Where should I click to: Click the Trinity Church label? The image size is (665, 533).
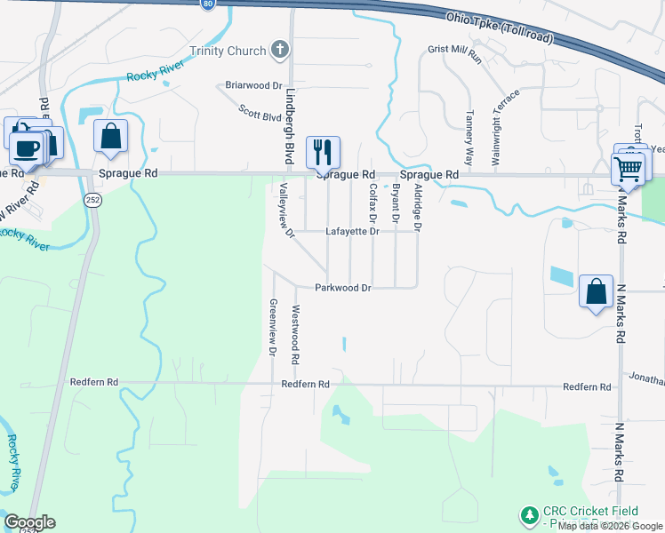click(227, 51)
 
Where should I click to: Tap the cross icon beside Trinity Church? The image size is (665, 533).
click(280, 50)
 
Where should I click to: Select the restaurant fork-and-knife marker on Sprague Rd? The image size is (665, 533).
click(322, 152)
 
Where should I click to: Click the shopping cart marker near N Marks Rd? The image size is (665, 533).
click(629, 168)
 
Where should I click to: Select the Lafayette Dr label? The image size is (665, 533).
click(352, 231)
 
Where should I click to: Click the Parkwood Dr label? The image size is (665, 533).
click(342, 288)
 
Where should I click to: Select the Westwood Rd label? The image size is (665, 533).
click(295, 336)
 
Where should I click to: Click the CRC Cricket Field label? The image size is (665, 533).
click(591, 511)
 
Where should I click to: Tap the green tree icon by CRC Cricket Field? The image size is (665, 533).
click(529, 515)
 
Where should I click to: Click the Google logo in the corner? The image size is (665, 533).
click(30, 522)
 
